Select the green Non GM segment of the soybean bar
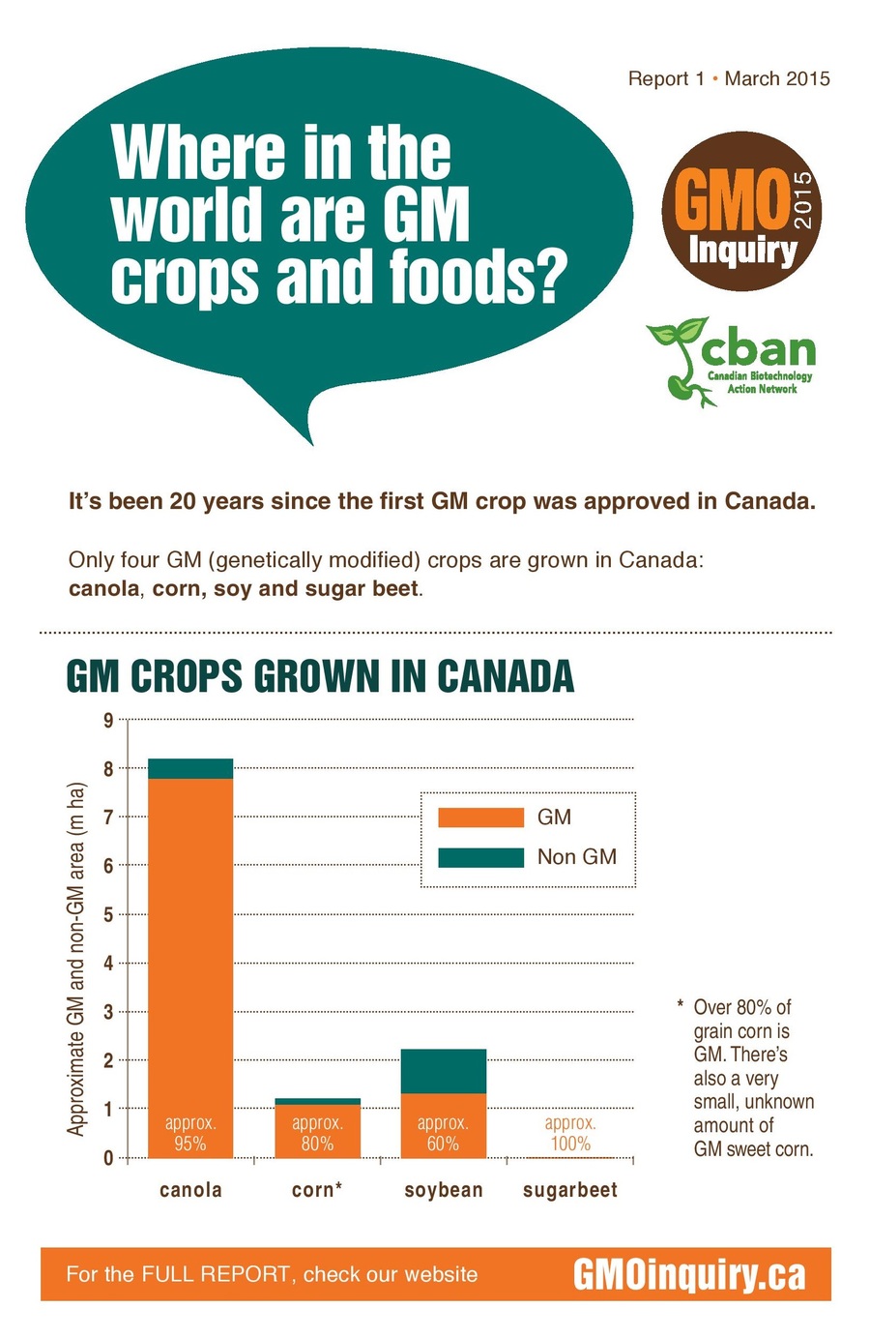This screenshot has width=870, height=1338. click(444, 1071)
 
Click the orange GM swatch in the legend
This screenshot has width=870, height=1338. click(480, 818)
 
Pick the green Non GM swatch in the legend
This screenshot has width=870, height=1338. click(480, 857)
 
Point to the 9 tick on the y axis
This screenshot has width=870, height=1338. click(108, 720)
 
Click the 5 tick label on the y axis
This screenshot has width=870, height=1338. click(108, 914)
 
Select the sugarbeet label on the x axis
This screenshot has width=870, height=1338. click(569, 1190)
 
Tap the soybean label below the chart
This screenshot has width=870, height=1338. click(444, 1190)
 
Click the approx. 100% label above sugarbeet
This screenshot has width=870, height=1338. click(569, 1133)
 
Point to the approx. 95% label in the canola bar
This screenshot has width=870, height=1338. click(190, 1133)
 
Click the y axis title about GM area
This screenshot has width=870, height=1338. click(76, 958)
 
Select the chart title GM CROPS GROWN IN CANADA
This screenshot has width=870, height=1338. click(320, 677)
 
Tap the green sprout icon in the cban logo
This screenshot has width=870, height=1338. click(680, 358)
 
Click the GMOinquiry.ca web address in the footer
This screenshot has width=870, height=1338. click(689, 1274)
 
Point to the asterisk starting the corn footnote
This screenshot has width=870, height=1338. click(681, 1006)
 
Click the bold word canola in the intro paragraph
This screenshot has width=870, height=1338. click(103, 588)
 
